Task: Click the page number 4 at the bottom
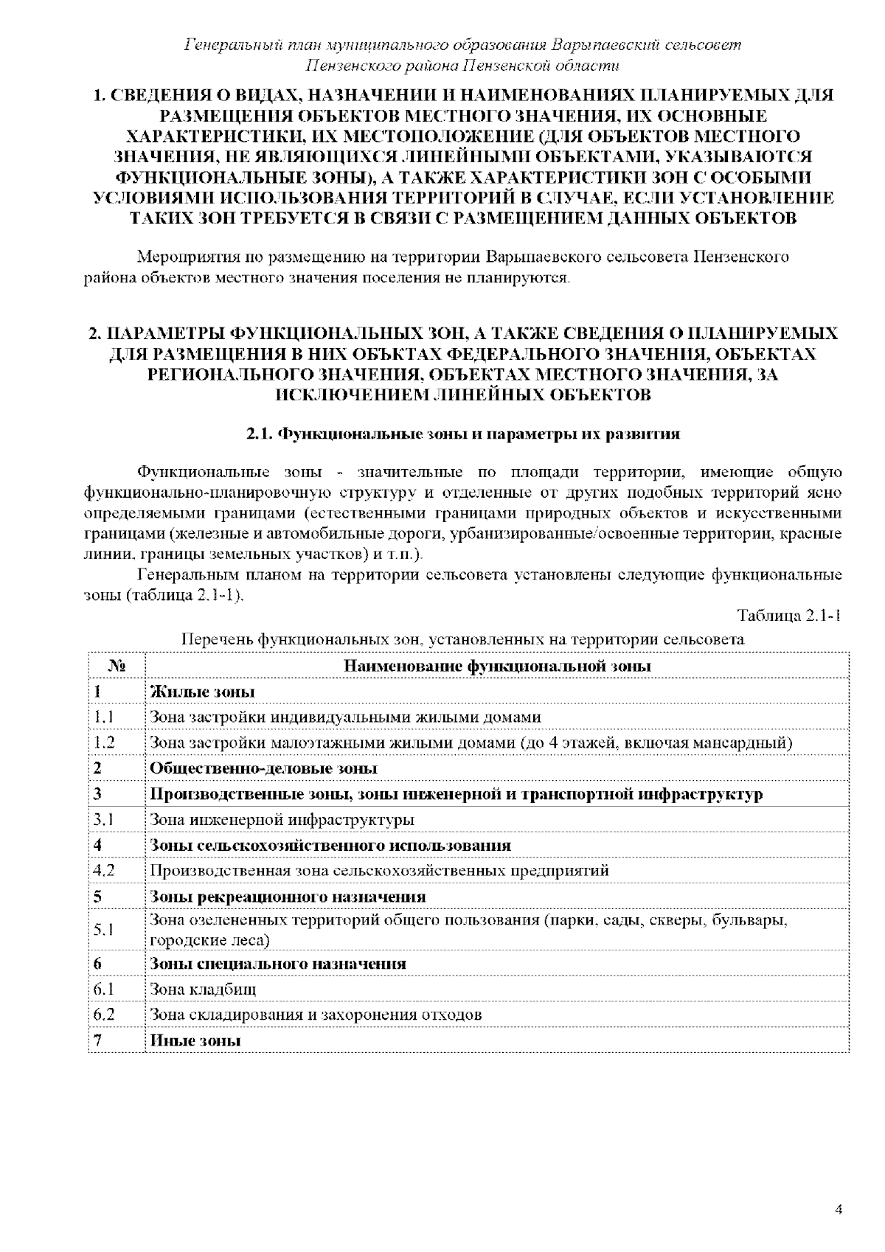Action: tap(838, 1209)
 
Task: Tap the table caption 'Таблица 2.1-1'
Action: tap(788, 616)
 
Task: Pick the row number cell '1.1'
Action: tap(103, 717)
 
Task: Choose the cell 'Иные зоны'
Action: tap(195, 1040)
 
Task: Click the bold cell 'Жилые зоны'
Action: tap(203, 692)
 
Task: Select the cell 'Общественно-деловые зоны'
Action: tap(264, 768)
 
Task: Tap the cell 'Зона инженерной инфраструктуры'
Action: tap(282, 819)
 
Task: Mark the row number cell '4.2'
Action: tap(104, 870)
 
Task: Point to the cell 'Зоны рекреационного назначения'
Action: tap(288, 897)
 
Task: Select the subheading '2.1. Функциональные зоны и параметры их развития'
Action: tap(462, 434)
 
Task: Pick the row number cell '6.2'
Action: tap(104, 1015)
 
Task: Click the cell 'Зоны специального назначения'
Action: tap(278, 964)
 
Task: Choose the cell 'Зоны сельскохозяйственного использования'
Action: tap(330, 845)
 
